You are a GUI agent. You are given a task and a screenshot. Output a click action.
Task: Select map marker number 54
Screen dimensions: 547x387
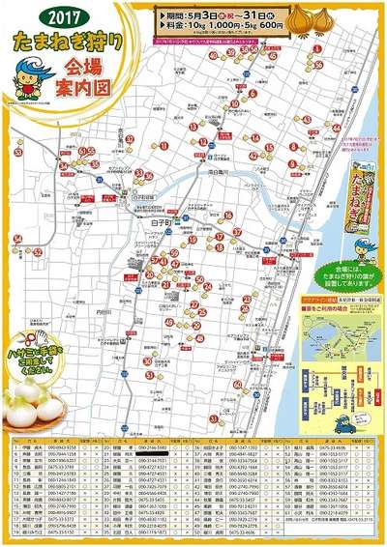coord(37,165)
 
